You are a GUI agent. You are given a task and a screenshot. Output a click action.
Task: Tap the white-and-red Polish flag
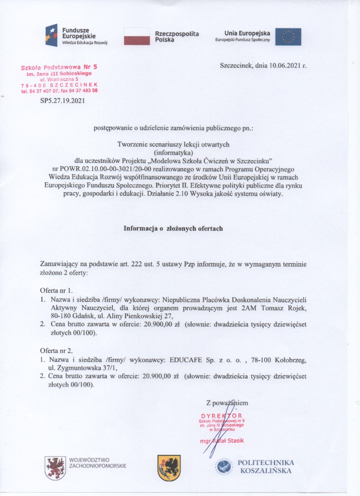coord(137,36)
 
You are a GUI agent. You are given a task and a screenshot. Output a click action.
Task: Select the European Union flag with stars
coord(288,37)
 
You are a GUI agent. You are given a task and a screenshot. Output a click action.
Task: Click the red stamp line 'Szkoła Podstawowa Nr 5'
coord(59,67)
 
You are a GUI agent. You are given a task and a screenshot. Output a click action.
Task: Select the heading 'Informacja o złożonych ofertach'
coord(173,228)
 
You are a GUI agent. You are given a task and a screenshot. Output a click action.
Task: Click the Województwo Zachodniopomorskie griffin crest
coord(55,468)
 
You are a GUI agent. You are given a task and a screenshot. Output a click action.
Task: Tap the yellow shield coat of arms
coord(169,468)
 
